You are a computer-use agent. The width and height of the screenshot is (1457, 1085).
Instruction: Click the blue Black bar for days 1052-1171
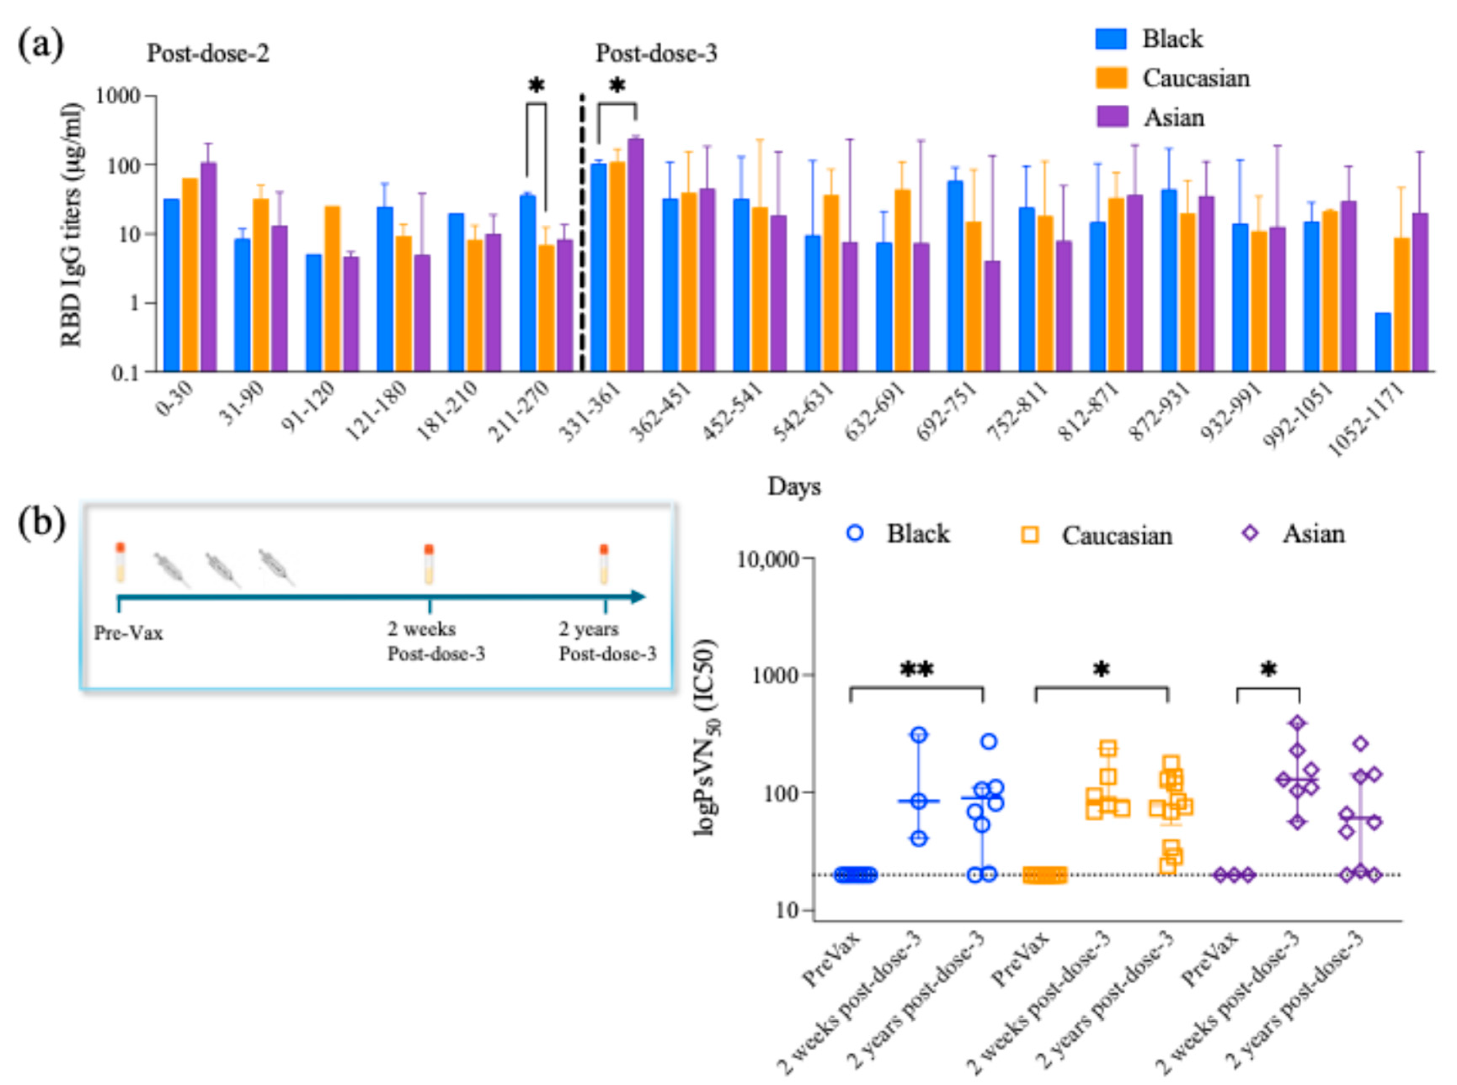[x=1383, y=342]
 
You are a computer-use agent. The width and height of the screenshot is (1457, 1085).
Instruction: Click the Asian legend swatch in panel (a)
[x=1111, y=117]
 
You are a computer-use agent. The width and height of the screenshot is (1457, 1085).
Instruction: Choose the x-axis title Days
[x=794, y=487]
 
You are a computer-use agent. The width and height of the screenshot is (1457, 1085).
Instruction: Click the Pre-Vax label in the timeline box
[x=129, y=634]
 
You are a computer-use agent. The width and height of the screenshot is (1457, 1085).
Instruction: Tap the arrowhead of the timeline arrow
[x=639, y=597]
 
